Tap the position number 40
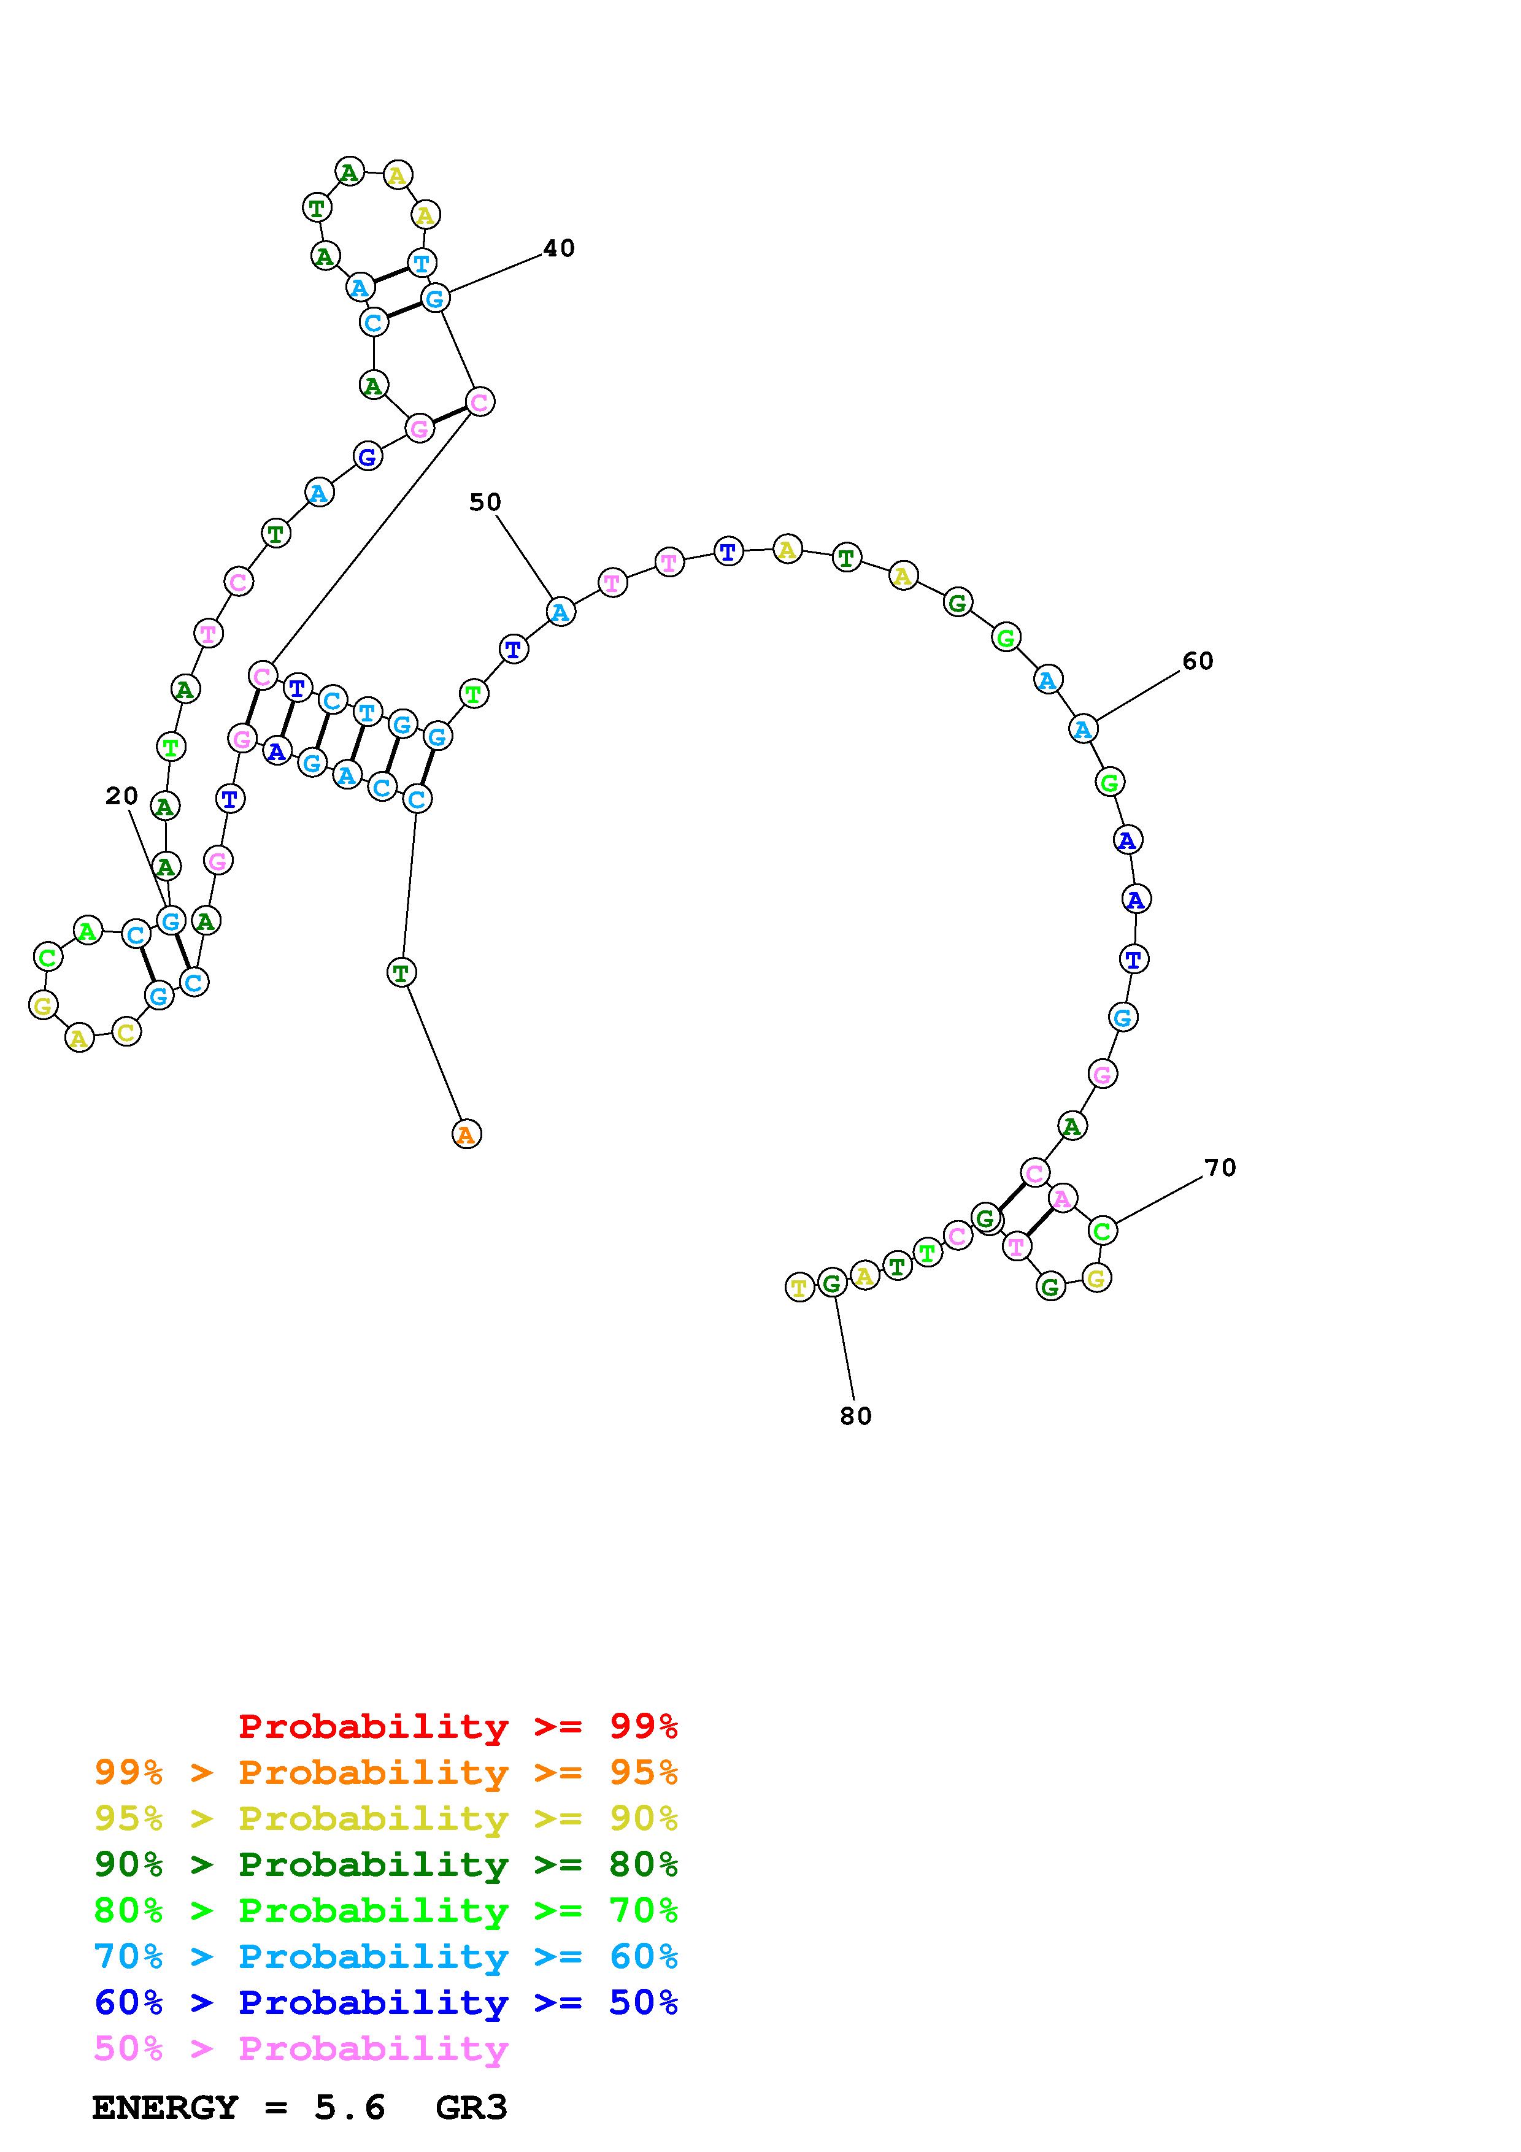(x=560, y=248)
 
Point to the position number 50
(x=485, y=502)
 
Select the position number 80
(x=856, y=1416)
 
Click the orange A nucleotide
(x=466, y=1135)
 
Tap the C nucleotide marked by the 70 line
(x=1102, y=1231)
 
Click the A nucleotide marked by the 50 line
(x=560, y=612)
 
